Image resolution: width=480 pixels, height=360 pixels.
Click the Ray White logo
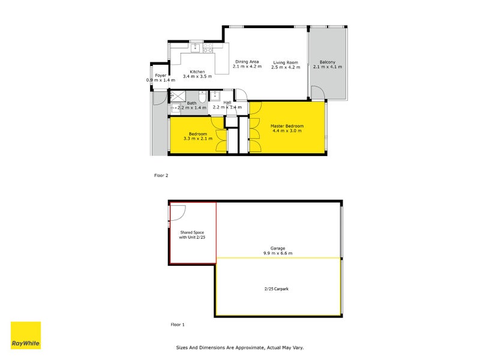pyautogui.click(x=26, y=335)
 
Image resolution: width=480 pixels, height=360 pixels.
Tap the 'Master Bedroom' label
pyautogui.click(x=287, y=126)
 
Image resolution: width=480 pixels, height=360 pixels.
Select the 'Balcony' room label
pyautogui.click(x=327, y=62)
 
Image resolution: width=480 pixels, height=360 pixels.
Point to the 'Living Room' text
pyautogui.click(x=285, y=62)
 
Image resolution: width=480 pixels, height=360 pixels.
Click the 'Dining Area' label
pyautogui.click(x=247, y=62)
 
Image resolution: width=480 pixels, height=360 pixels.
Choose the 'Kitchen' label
pyautogui.click(x=197, y=72)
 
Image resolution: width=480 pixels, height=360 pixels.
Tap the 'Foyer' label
pyautogui.click(x=160, y=76)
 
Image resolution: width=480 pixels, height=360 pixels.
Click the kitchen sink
pyautogui.click(x=196, y=46)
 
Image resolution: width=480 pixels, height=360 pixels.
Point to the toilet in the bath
pyautogui.click(x=202, y=97)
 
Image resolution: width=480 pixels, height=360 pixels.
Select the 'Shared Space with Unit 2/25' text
pyautogui.click(x=193, y=235)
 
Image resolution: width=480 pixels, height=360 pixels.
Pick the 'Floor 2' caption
pyautogui.click(x=161, y=176)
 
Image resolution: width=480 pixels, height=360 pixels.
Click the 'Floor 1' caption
pyautogui.click(x=178, y=324)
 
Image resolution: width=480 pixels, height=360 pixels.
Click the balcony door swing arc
pyautogui.click(x=317, y=92)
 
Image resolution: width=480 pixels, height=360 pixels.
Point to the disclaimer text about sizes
pyautogui.click(x=244, y=347)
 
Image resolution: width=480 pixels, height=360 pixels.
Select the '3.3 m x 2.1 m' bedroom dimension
pyautogui.click(x=198, y=139)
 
